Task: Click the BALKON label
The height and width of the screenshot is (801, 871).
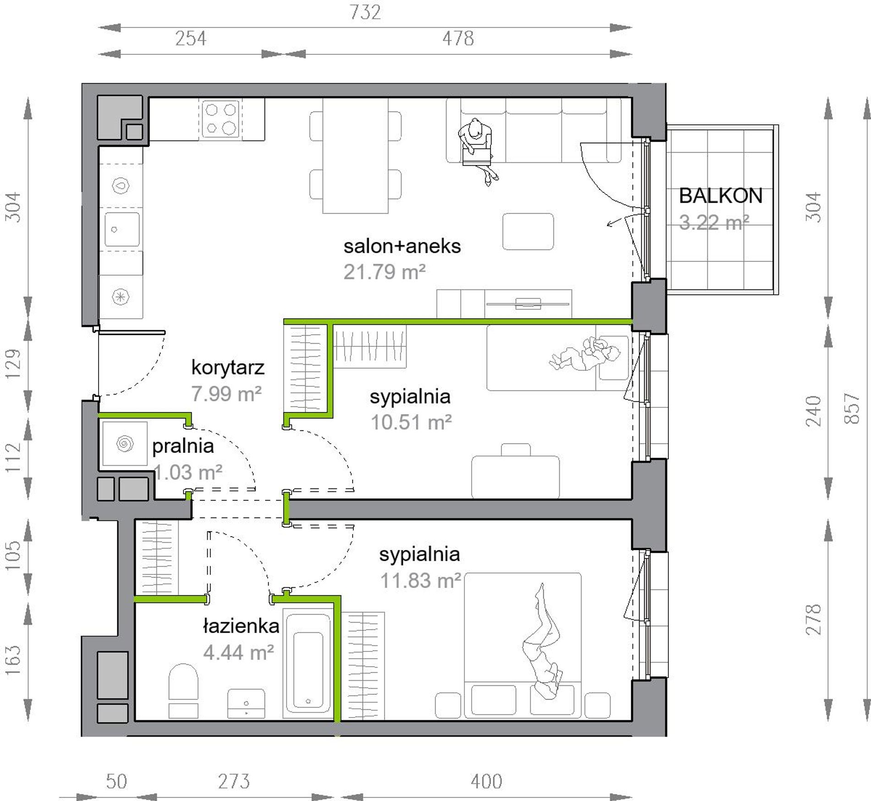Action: click(x=720, y=196)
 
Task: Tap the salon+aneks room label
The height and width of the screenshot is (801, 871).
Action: click(x=402, y=246)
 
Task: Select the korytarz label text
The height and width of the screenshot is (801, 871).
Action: click(x=227, y=368)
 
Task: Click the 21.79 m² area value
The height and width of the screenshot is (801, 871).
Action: click(x=385, y=272)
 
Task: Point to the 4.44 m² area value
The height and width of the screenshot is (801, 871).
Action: click(x=238, y=652)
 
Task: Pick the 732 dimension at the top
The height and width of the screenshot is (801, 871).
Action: click(x=365, y=12)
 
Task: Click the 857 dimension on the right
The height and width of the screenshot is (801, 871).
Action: click(x=851, y=408)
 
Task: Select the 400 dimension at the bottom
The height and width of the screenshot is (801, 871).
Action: click(x=486, y=781)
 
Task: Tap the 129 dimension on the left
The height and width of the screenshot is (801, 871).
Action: click(x=14, y=364)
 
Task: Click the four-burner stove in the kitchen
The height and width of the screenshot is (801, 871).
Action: click(x=221, y=119)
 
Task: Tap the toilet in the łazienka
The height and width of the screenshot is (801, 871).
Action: click(x=183, y=690)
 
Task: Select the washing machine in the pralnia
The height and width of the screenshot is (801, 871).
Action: click(x=125, y=444)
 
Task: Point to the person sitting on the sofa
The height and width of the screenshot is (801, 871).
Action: click(x=478, y=150)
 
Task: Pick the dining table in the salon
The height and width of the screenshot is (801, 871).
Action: click(x=355, y=156)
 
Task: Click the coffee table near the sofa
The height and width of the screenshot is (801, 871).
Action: click(x=528, y=232)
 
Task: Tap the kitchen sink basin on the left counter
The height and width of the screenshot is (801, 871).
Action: click(x=122, y=229)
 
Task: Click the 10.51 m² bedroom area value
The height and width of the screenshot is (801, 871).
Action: click(x=411, y=423)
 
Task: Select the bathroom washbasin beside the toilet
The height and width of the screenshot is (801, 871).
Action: click(x=246, y=703)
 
